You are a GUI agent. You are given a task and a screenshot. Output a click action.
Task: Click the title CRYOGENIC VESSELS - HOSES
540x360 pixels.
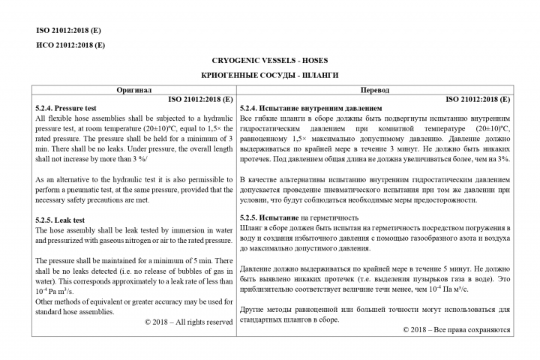point(269,60)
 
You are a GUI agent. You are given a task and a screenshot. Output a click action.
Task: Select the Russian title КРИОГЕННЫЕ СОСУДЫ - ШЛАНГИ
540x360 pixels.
point(269,76)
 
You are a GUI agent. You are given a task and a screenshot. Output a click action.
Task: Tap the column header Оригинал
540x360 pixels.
point(133,89)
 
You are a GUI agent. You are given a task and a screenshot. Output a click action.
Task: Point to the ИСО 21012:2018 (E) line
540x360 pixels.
point(70,45)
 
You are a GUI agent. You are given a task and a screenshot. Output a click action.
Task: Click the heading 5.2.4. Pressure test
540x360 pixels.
point(68,108)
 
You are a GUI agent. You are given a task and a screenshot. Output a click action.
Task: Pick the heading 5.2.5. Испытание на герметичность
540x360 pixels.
point(307,217)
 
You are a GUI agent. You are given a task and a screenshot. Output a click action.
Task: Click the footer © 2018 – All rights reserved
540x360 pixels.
point(188,322)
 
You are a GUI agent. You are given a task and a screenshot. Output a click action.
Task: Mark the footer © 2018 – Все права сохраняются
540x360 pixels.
point(456,329)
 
